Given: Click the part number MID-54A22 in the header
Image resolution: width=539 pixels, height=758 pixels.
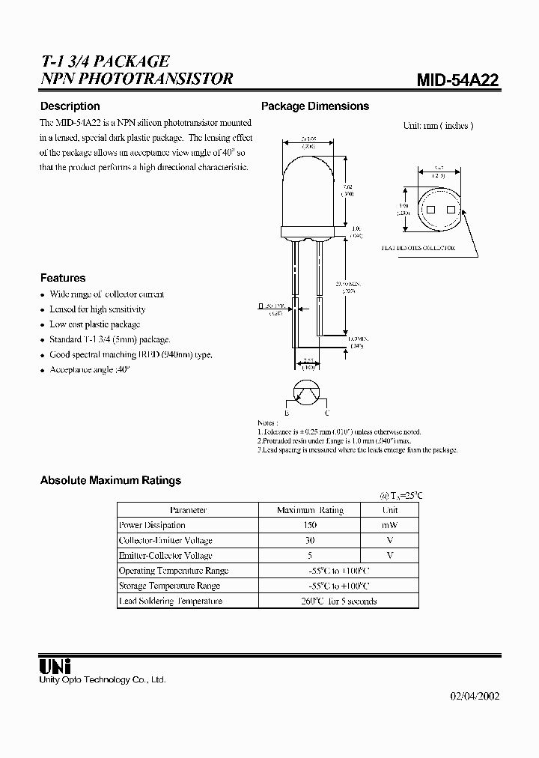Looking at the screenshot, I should point(457,81).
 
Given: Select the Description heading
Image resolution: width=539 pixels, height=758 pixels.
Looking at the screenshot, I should point(70,106).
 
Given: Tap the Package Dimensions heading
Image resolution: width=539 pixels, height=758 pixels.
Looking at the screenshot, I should point(314,106).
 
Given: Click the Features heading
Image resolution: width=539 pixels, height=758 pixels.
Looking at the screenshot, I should point(63,278).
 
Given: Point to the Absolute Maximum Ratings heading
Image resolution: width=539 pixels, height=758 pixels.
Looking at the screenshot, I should point(111,480).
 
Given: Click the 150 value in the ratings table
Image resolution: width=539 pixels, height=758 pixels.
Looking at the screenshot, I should point(310,525).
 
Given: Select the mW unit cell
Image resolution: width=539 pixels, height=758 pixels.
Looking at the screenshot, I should point(390,525).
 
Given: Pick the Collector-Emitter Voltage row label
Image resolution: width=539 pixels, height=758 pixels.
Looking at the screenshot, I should point(165,540).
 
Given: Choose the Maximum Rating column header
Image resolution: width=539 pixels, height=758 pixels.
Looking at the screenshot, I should point(310,510).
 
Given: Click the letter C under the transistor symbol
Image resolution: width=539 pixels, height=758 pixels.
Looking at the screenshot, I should point(326,413).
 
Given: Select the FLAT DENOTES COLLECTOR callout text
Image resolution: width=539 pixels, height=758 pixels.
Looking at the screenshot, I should point(418,247).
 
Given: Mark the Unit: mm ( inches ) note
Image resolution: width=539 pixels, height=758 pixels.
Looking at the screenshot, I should point(438,126).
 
